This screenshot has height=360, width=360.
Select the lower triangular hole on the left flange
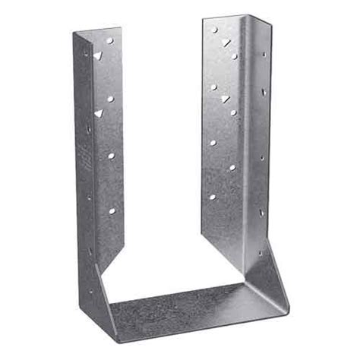pos(98,113)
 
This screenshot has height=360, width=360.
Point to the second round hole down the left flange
pos(110,99)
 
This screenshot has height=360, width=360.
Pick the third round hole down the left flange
pos(111,156)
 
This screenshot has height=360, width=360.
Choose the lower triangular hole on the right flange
pos(225,99)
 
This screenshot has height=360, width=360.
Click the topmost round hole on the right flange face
pos(214,30)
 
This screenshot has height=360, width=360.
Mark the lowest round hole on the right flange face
pos(212,197)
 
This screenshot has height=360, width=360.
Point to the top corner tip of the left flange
pos(74,33)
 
